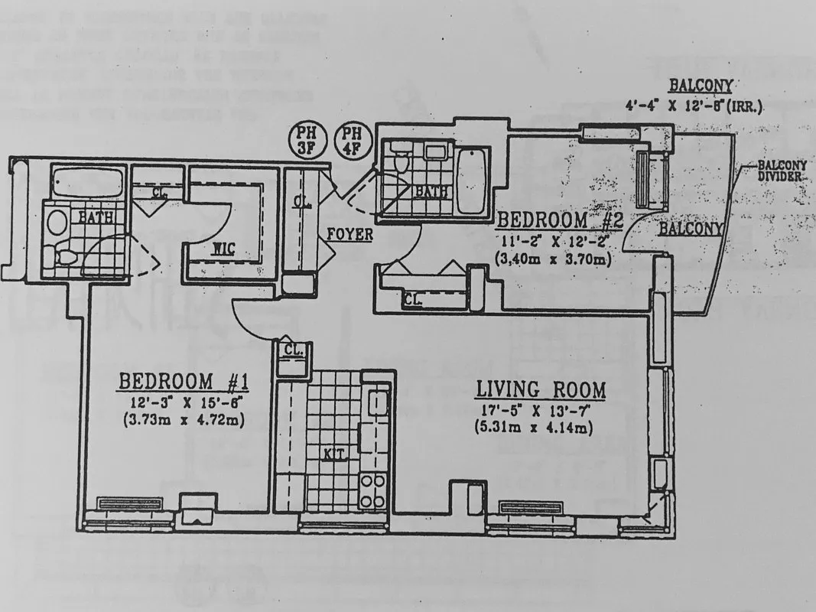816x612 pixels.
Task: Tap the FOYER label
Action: tap(349, 236)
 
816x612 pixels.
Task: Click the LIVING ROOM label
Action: tap(541, 389)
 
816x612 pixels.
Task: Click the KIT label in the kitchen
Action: tap(335, 454)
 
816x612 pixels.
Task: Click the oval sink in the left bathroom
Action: tap(57, 223)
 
